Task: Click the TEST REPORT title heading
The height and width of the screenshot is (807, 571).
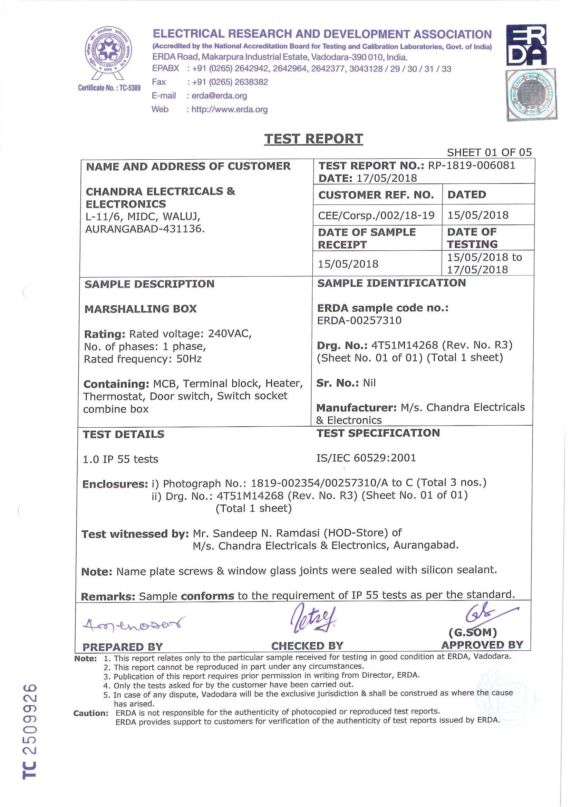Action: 313,139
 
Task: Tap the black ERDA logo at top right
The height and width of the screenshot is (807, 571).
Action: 526,45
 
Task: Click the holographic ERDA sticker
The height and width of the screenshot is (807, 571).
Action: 531,94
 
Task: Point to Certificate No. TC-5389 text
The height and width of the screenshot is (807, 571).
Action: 109,88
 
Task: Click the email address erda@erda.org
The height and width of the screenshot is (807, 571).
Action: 219,96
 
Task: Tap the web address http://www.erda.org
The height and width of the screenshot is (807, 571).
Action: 229,109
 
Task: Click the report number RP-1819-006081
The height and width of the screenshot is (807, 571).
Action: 472,165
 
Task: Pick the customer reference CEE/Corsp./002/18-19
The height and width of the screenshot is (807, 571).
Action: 376,215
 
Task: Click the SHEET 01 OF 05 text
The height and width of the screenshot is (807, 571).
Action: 489,152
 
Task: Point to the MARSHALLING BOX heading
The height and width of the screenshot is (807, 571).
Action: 141,309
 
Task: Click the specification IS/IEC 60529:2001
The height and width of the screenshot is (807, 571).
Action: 366,458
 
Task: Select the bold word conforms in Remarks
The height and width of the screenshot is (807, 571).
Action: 207,596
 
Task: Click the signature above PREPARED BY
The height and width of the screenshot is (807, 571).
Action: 134,624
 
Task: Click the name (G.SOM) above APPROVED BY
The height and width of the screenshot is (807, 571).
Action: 473,632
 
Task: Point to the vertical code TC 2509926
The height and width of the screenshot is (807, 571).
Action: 30,731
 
